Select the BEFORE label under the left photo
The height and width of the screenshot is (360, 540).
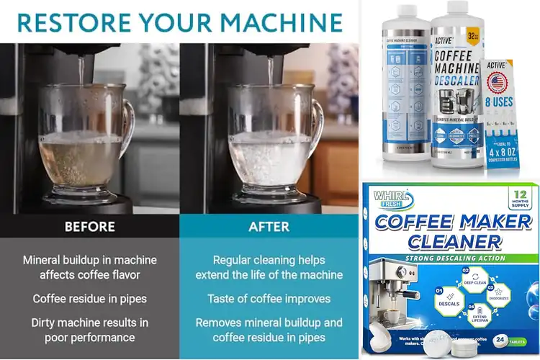(89, 227)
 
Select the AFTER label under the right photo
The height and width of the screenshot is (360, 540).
(268, 227)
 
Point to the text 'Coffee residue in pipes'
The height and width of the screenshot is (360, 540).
(89, 298)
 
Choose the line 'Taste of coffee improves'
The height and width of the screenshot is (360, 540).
(269, 298)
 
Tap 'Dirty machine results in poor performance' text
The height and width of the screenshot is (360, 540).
(89, 330)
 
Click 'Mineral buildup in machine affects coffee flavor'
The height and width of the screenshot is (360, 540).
(89, 266)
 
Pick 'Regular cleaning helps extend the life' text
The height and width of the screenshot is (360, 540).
(269, 266)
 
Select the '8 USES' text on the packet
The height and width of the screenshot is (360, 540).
(500, 102)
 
